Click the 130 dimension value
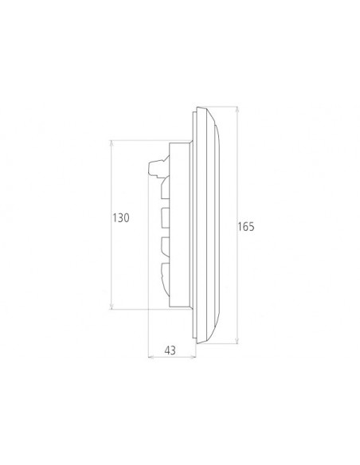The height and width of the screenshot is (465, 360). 121,218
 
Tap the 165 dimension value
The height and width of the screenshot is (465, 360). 246,227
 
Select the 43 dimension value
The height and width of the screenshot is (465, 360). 170,350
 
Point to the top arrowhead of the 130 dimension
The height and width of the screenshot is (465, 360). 112,143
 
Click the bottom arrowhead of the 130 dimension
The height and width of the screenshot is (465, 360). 112,306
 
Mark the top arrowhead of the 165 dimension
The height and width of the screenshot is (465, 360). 237,110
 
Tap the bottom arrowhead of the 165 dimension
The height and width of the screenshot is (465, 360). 237,340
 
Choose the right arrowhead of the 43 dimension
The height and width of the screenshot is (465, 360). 193,357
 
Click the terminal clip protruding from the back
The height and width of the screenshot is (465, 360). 158,166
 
